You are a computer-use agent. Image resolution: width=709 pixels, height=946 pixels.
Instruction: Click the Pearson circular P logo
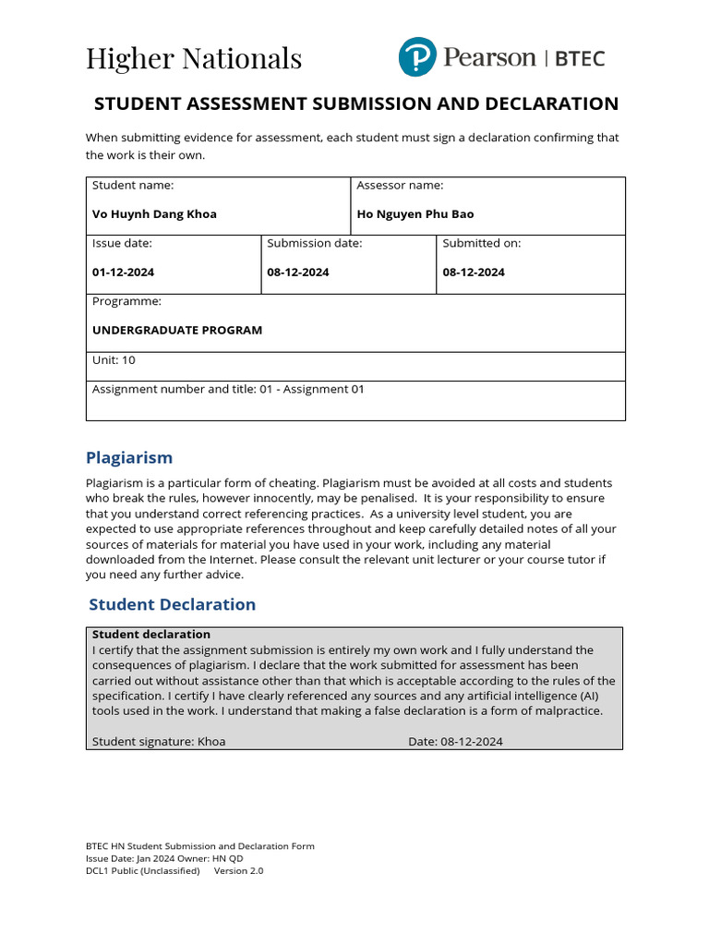(x=416, y=57)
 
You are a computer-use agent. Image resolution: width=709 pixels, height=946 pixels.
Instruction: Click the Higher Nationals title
(x=194, y=58)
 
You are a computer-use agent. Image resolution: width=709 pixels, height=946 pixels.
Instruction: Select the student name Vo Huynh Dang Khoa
(x=154, y=213)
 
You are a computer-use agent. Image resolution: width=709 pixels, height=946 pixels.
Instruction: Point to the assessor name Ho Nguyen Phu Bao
(x=415, y=213)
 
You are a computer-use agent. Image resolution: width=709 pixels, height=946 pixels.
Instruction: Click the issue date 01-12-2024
(x=123, y=273)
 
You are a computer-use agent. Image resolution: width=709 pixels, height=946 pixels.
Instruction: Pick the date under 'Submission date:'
(x=298, y=273)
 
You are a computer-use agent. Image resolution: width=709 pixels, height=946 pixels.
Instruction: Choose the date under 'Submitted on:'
(x=474, y=273)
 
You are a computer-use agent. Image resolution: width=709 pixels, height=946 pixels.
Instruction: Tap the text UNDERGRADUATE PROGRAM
(x=177, y=330)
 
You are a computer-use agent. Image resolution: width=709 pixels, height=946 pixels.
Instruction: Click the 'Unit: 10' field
(x=114, y=360)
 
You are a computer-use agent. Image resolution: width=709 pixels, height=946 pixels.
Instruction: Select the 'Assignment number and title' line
(x=228, y=389)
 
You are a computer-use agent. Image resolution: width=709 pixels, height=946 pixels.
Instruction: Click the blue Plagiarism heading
(x=129, y=457)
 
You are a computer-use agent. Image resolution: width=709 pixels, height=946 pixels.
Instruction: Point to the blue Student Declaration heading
(x=172, y=604)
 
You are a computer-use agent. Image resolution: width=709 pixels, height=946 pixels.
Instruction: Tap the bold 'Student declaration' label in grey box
(x=151, y=635)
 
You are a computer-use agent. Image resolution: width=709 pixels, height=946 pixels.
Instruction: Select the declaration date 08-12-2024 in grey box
(x=472, y=741)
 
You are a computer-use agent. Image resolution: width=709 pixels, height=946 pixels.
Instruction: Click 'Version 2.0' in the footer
(x=238, y=870)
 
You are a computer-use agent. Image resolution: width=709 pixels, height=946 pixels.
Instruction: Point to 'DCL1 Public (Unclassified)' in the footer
(x=142, y=870)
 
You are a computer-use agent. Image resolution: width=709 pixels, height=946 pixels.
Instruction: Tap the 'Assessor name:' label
(x=400, y=185)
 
